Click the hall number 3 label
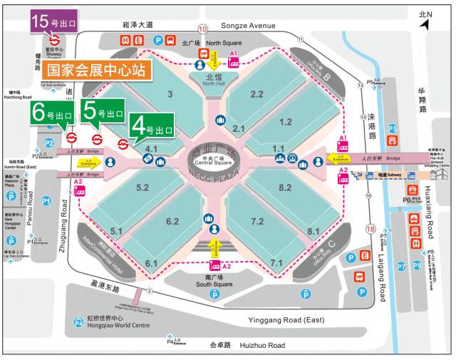click(170, 95)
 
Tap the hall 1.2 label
click(286, 122)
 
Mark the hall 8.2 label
click(286, 187)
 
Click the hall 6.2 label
click(172, 221)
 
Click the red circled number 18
click(370, 229)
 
